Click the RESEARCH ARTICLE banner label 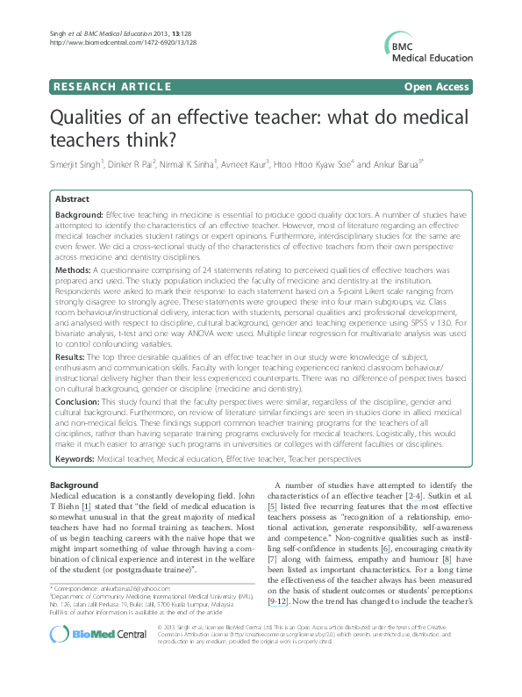111,87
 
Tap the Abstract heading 74,200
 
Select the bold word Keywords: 75,482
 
